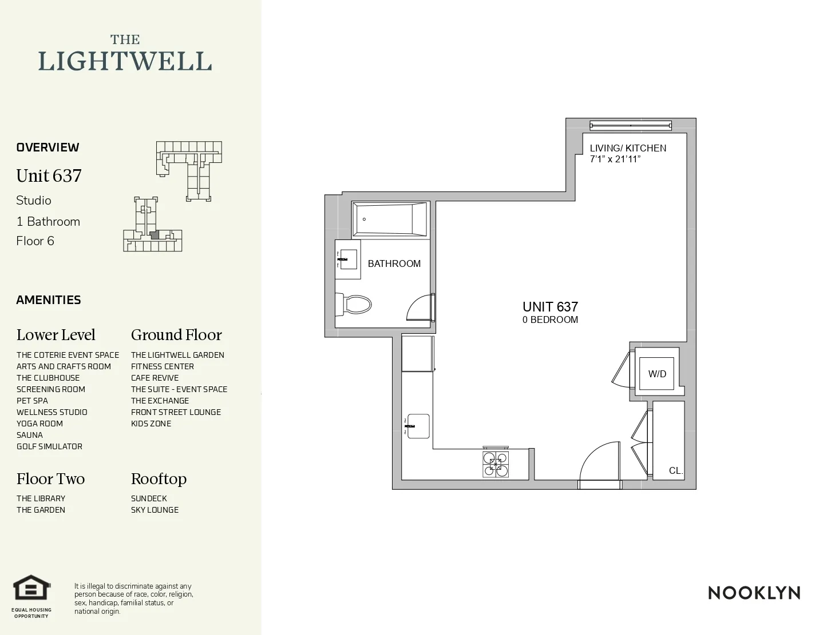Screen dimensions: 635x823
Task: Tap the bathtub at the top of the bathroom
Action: [x=390, y=219]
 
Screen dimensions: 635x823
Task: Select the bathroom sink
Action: [x=347, y=259]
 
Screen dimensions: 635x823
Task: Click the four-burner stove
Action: [x=495, y=464]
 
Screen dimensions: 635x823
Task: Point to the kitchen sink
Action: [x=418, y=426]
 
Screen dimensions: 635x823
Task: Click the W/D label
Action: [x=657, y=374]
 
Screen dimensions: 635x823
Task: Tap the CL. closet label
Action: [x=676, y=470]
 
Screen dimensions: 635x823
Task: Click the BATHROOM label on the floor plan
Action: [x=394, y=263]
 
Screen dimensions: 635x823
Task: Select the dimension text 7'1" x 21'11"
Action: [x=615, y=159]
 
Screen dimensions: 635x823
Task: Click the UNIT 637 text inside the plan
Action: [x=550, y=307]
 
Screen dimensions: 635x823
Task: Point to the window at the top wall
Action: [x=630, y=125]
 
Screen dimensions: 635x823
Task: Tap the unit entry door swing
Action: [x=599, y=462]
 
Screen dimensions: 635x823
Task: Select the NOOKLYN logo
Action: [x=754, y=593]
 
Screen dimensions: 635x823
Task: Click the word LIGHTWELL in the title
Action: [x=125, y=61]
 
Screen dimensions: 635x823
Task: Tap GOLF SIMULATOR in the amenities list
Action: [x=49, y=446]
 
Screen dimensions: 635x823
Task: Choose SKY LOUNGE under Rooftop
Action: [x=155, y=510]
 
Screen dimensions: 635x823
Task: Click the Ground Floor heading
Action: [x=176, y=335]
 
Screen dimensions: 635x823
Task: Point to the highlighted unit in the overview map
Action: [x=153, y=234]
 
